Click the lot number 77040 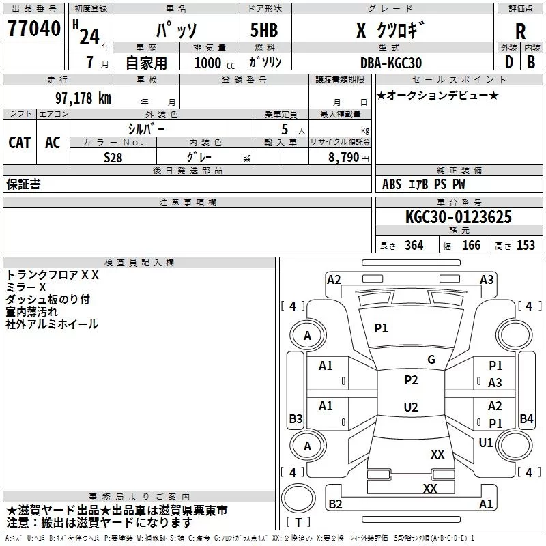coord(34,29)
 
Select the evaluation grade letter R coord(520,31)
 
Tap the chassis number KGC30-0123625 coord(459,216)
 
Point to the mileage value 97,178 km coord(83,98)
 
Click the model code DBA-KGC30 coord(391,63)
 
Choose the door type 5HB coord(264,30)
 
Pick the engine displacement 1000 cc coord(214,63)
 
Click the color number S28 coord(113,158)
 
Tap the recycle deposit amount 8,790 coord(344,157)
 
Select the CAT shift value coord(20,143)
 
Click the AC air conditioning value coord(53,143)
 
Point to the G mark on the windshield coord(431,360)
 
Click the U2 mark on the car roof coord(411,407)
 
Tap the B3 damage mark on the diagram coord(296,418)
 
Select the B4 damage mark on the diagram coord(526,418)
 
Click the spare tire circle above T coord(298,498)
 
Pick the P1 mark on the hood coord(381,328)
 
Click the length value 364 coord(414,245)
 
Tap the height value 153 coord(526,245)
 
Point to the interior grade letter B coord(532,62)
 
